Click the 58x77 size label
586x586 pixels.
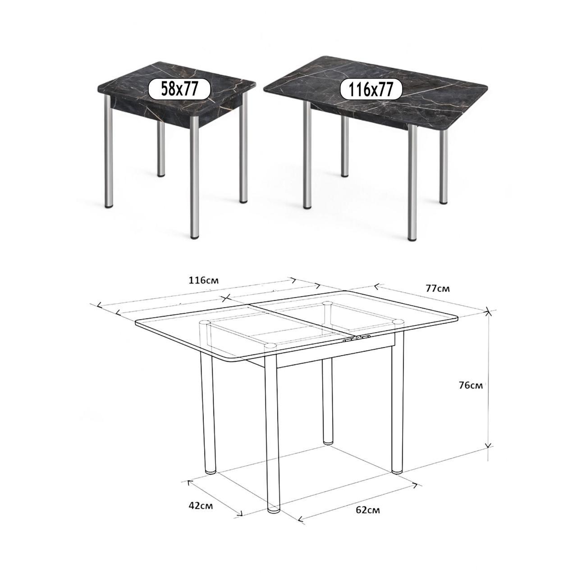[179, 89]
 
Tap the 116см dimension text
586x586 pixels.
[203, 280]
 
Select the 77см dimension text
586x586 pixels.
[438, 288]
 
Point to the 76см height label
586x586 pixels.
[471, 385]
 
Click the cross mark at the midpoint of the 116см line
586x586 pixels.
[225, 298]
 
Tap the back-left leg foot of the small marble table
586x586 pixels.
[161, 174]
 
